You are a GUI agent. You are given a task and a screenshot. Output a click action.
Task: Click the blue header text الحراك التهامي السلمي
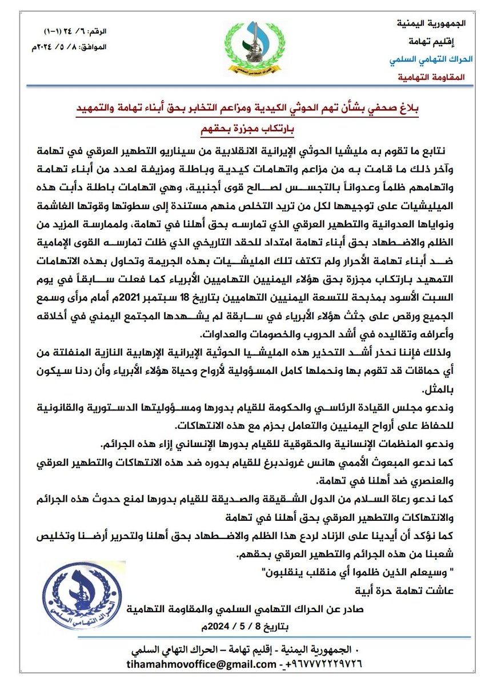[x=427, y=59]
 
